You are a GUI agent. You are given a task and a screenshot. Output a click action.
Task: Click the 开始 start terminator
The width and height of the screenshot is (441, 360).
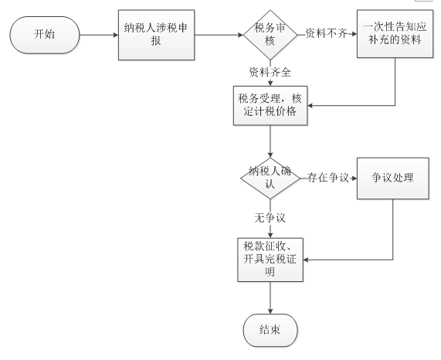click(45, 35)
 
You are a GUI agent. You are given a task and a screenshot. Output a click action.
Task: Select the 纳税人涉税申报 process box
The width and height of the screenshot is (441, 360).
click(156, 35)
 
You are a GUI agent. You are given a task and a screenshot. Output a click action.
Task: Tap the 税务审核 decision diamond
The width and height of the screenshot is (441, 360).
click(270, 35)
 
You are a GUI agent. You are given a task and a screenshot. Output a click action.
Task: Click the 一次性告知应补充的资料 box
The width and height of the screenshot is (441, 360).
click(395, 34)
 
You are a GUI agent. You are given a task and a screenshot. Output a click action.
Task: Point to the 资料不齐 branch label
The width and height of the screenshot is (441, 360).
click(326, 33)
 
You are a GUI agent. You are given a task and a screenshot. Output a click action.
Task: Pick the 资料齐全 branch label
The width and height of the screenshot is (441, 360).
click(270, 73)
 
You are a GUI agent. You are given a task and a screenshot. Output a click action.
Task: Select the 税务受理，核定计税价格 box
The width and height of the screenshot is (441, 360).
click(270, 106)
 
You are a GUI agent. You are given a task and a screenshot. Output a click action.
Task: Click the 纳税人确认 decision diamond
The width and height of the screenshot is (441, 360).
click(270, 178)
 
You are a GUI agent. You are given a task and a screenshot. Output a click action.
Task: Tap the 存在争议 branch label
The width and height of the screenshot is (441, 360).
click(328, 178)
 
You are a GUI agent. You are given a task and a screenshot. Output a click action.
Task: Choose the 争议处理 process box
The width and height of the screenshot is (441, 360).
click(393, 178)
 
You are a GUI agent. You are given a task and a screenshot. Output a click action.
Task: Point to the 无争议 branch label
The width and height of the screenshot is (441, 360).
click(270, 218)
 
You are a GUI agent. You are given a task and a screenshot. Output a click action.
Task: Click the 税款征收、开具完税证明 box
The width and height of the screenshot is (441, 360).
click(270, 260)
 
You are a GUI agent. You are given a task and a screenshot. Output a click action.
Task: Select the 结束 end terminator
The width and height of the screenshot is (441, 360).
click(270, 330)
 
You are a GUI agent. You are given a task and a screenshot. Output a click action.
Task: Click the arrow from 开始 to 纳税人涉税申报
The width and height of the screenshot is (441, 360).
click(99, 36)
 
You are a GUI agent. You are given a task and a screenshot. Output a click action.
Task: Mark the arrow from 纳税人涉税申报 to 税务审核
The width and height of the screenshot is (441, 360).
click(219, 36)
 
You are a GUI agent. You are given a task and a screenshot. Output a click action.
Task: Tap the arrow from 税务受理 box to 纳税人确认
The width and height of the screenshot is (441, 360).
click(270, 141)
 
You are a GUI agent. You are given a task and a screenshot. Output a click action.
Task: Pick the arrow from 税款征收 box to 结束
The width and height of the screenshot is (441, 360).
click(270, 298)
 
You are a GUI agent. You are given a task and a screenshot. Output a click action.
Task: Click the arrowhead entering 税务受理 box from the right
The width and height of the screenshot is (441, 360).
click(310, 106)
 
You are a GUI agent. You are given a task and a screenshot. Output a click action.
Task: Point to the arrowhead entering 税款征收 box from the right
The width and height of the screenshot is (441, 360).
click(306, 260)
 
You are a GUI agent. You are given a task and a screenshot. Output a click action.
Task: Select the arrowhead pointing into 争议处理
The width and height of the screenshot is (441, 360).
click(354, 178)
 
